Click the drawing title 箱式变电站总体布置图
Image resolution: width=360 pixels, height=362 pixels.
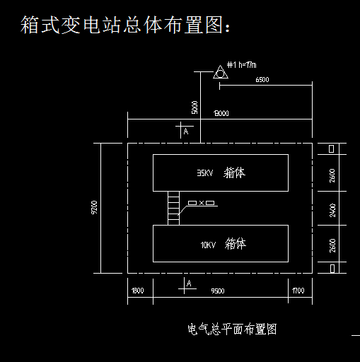coord(124,25)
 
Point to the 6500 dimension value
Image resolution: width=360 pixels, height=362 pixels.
coord(262,80)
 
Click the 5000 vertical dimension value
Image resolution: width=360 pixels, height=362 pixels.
coord(194,107)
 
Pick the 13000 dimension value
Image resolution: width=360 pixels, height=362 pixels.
coord(220,113)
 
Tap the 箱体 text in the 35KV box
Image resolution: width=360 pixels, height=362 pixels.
coord(234,173)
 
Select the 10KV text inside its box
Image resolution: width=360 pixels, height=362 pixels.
coord(207,245)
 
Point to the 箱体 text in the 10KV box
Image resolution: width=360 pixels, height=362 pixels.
coord(236,245)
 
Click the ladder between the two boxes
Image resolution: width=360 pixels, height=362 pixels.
coord(174,208)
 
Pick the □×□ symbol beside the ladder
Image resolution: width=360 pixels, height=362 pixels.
coord(201,204)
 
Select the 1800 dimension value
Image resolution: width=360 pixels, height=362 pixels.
coord(137,291)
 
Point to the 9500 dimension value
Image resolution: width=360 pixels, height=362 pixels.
coord(218,291)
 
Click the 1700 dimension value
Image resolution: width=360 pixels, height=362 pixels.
coord(298,291)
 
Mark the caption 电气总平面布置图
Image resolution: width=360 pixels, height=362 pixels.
coord(231,329)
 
